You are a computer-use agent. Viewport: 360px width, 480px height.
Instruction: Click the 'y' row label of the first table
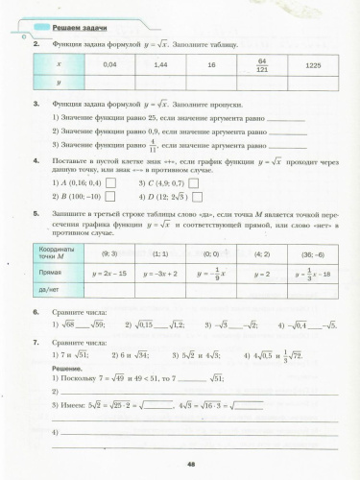click(59, 83)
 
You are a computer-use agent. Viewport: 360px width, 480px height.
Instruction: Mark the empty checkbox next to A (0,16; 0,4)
click(109, 181)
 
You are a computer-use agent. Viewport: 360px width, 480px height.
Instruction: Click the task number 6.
click(36, 313)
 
